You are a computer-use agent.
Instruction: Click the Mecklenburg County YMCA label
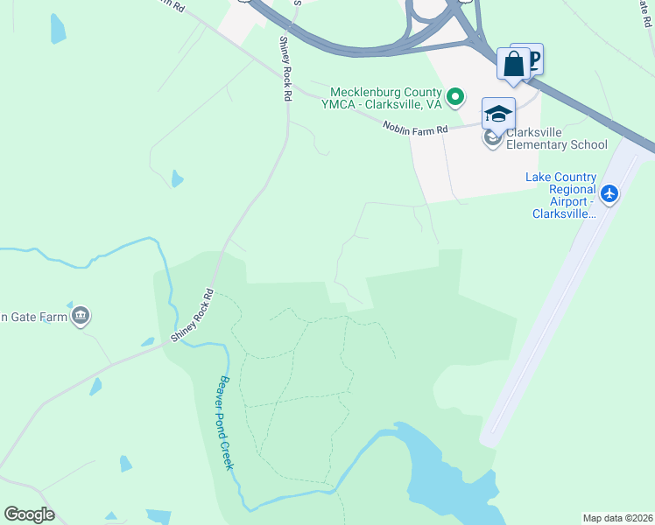[385, 97]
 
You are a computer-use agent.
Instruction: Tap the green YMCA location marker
[454, 96]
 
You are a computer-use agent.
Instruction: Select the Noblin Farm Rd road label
[415, 128]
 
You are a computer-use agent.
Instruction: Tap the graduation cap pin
[498, 114]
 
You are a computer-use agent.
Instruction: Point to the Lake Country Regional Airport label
[560, 195]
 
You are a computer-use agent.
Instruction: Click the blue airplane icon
[610, 192]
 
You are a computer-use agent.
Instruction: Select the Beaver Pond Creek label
[223, 422]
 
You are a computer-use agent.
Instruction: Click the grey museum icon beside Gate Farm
[81, 315]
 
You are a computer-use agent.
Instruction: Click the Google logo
[30, 514]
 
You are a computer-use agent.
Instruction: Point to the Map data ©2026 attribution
[617, 517]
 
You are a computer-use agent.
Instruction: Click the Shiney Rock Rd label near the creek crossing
[193, 315]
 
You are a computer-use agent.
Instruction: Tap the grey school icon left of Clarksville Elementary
[493, 138]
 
